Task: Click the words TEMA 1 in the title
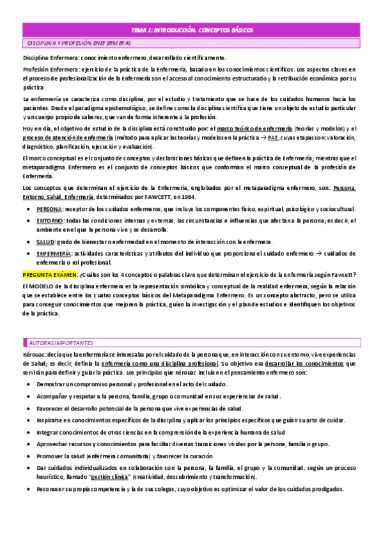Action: point(141,30)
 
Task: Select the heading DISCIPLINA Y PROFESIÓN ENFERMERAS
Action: point(79,43)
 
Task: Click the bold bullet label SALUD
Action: point(46,242)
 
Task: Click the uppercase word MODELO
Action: point(45,286)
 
